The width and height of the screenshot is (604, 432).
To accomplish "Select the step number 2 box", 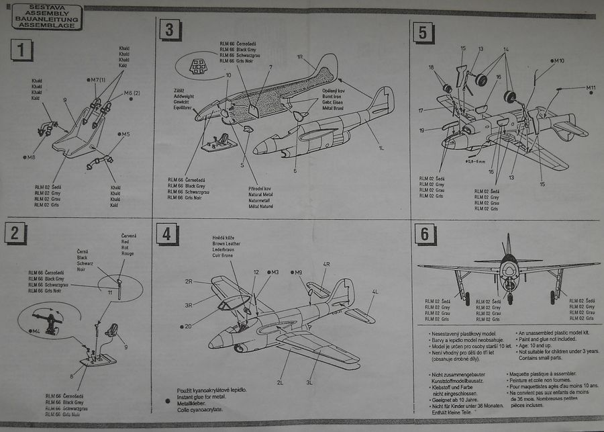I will [15, 232].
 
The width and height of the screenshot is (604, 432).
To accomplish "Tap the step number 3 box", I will [170, 30].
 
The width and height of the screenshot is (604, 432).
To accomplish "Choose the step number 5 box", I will [422, 32].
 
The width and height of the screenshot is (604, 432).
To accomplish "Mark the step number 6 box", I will [423, 234].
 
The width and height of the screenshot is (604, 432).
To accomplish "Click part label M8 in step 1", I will [32, 158].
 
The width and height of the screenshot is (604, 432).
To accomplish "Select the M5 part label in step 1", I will [125, 134].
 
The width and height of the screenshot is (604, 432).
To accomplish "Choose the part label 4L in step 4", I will [375, 291].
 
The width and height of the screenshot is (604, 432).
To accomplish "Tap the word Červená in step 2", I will [128, 235].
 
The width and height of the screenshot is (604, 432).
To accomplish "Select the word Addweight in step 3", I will [183, 96].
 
